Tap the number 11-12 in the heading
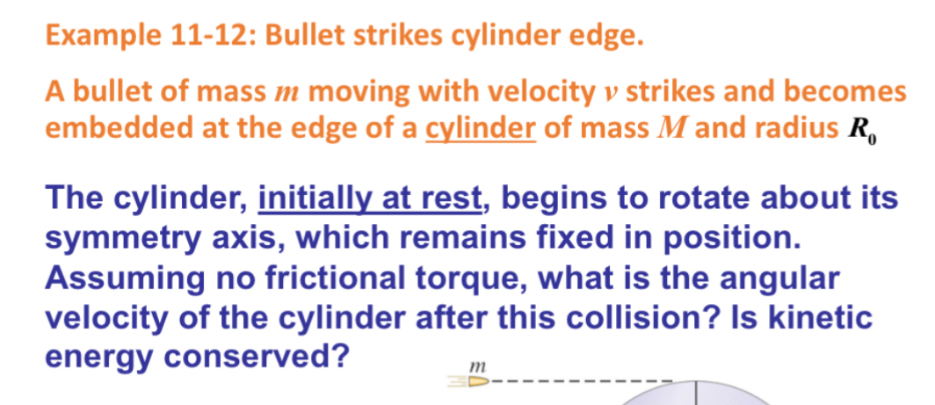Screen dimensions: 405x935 [209, 36]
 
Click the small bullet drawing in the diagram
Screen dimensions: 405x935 [471, 381]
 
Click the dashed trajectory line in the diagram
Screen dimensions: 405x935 [580, 381]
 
